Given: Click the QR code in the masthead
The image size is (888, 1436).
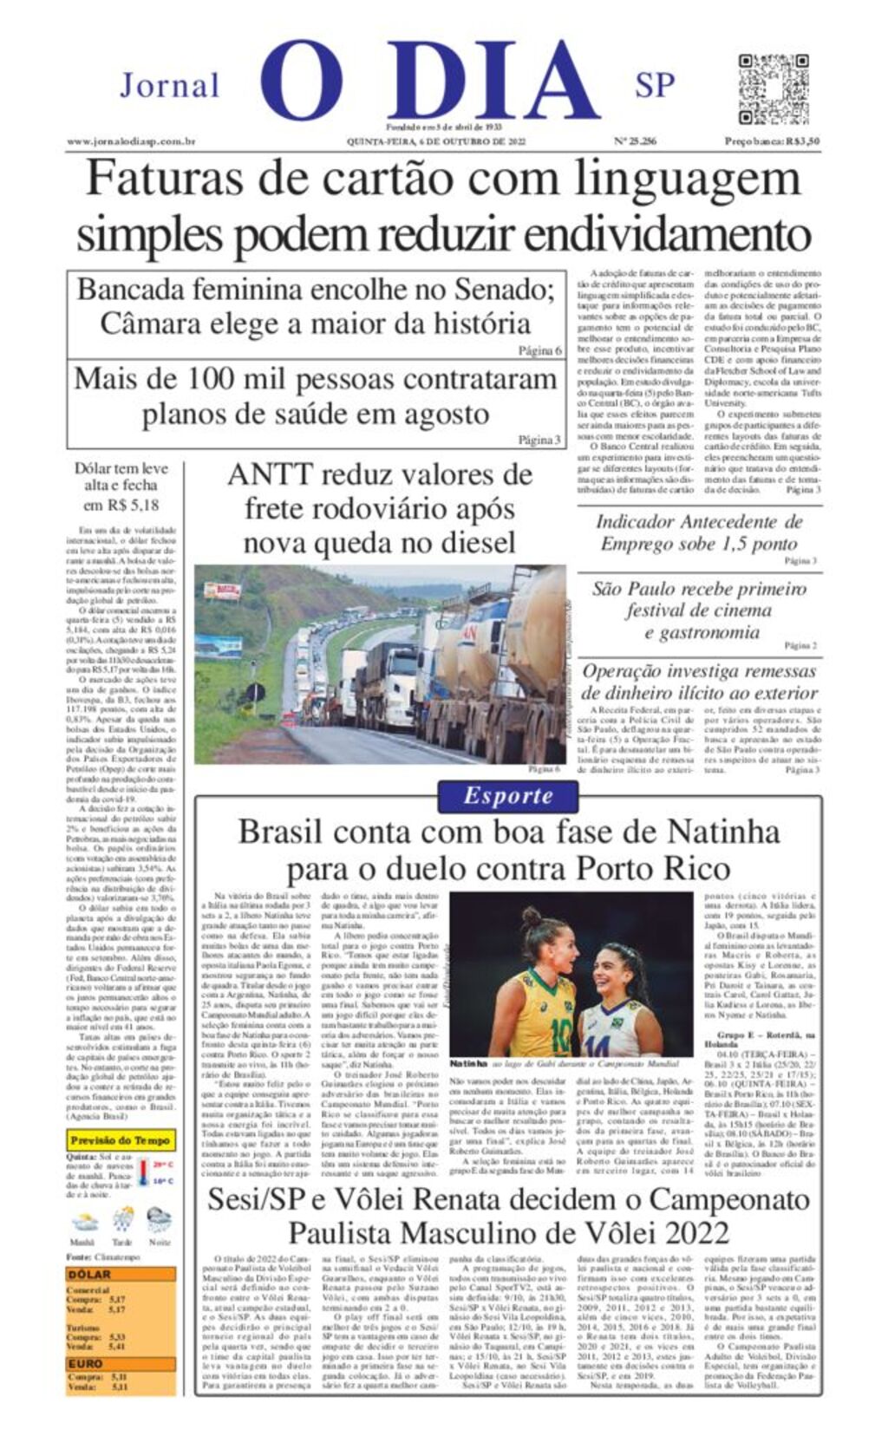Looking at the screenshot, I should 774,89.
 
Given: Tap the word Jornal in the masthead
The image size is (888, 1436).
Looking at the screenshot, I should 169,86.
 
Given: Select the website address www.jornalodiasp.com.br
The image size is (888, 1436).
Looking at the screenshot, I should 131,141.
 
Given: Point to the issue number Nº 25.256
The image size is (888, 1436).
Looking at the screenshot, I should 635,141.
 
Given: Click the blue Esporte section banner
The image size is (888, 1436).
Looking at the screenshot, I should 507,796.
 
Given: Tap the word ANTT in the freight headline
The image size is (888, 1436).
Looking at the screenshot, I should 270,475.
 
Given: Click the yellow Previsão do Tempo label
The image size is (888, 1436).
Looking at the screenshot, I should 121,1140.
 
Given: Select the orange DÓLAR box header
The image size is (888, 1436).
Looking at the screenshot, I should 90,1274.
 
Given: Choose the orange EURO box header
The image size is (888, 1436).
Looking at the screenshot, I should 85,1364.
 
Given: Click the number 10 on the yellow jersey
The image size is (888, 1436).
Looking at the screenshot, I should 560,1035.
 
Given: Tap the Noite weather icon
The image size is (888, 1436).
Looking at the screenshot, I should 160,1221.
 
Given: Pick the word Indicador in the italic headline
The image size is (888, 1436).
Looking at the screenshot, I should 634,522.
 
